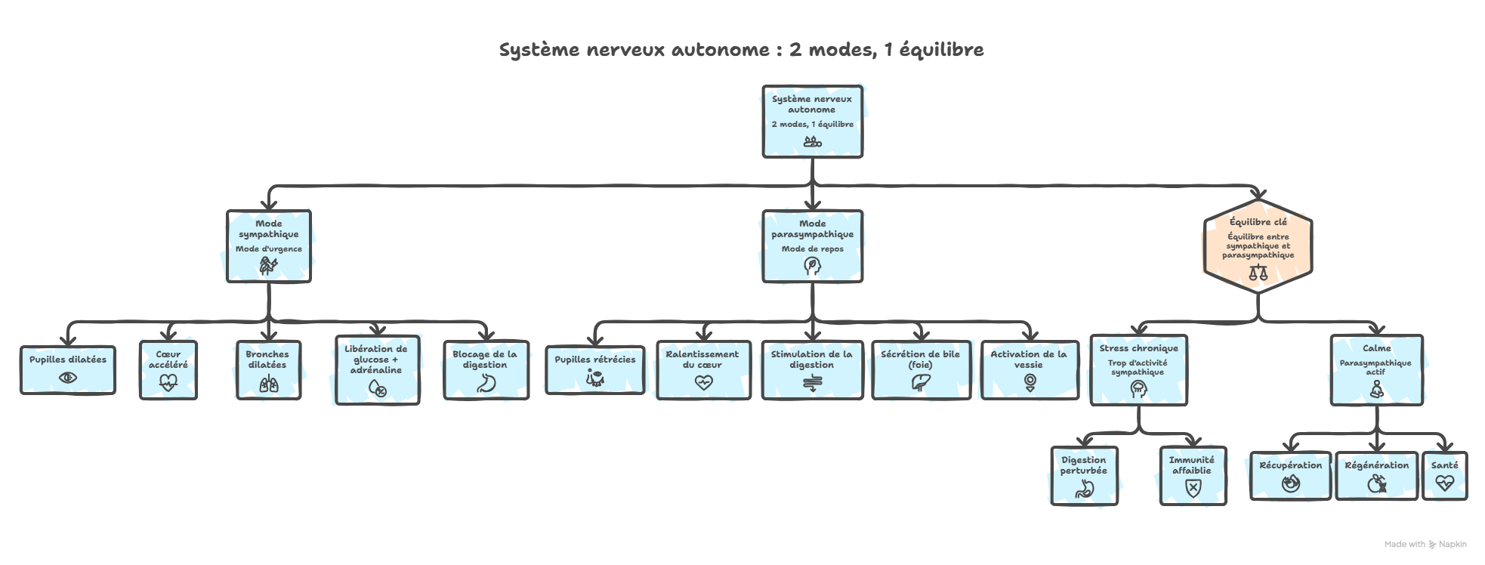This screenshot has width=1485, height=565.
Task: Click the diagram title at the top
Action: point(741,51)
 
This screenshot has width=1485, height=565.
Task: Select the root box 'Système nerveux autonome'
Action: point(812,121)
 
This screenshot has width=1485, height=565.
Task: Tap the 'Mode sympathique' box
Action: point(269,246)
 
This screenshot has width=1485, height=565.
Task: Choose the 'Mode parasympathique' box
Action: point(812,246)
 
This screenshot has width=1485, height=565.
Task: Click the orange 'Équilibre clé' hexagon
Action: point(1258,246)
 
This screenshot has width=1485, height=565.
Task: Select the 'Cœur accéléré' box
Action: point(168,369)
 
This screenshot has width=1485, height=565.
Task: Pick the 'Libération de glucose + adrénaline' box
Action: point(375,370)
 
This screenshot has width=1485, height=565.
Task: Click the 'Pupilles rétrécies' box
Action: point(595,370)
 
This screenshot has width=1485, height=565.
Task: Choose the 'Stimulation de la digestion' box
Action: point(811,370)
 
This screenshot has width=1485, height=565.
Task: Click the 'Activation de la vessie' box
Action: point(1029,370)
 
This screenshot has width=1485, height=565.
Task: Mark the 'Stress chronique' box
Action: point(1138,370)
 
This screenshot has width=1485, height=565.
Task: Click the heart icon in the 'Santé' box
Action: point(1444,483)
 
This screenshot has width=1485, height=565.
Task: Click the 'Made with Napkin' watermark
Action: point(1425,544)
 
